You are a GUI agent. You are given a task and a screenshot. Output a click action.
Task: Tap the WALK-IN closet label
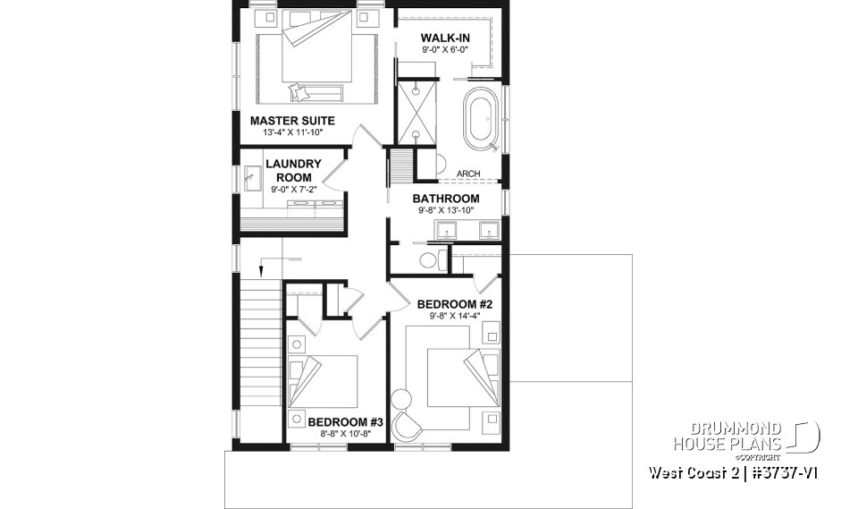(x=445, y=38)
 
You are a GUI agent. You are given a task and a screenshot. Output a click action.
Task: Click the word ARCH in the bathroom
(x=468, y=174)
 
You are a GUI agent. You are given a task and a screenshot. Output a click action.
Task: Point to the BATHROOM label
(x=445, y=199)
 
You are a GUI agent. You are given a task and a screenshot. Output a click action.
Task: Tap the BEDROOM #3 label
(x=345, y=421)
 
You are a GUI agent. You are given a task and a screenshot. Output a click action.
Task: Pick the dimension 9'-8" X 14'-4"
(x=455, y=316)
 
